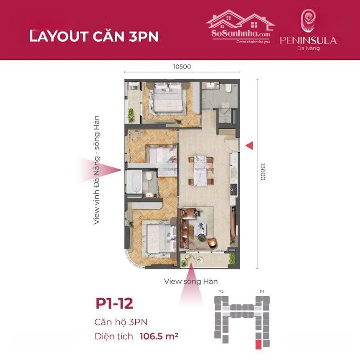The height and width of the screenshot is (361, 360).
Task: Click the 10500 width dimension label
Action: (x=182, y=67)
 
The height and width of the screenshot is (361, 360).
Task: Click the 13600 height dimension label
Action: (x=263, y=172)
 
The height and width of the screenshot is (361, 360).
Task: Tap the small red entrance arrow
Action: (x=249, y=146)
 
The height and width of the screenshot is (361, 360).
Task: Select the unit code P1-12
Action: (x=114, y=303)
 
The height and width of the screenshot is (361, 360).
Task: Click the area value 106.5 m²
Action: (x=159, y=336)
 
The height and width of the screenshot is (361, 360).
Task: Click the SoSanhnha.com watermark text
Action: (x=241, y=33)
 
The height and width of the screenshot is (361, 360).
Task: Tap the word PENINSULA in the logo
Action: (x=308, y=40)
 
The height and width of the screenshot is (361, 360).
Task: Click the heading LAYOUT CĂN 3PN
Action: (x=94, y=36)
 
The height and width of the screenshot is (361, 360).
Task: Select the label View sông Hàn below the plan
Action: (x=191, y=281)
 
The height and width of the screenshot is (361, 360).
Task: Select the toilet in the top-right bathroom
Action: (x=228, y=88)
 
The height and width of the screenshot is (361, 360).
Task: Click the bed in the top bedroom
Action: (x=168, y=97)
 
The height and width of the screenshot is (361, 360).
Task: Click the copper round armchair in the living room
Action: (x=212, y=243)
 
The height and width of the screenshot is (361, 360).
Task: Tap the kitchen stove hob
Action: (x=234, y=190)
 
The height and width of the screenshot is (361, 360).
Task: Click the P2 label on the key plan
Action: (x=221, y=291)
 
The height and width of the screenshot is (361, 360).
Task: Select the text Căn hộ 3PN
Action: (x=121, y=322)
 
